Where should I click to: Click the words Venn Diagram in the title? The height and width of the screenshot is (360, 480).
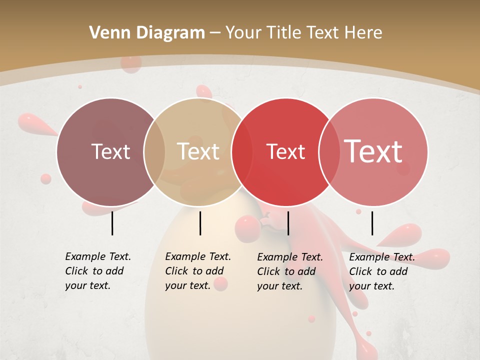[x=147, y=33]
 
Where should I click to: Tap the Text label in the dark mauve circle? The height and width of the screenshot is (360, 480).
[x=110, y=151]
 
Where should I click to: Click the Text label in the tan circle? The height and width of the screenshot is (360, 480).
[x=198, y=151]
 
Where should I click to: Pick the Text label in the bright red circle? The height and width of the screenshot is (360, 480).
[x=285, y=151]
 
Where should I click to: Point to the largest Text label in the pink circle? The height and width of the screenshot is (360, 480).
[x=373, y=151]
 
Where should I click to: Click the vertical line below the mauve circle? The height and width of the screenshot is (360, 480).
[x=112, y=223]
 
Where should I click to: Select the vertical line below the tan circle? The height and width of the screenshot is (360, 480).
[x=200, y=223]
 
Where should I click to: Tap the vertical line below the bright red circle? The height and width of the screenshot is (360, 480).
[x=288, y=223]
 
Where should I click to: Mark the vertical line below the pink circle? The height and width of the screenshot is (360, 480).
[x=372, y=223]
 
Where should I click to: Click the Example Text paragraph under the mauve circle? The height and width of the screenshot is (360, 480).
[x=97, y=271]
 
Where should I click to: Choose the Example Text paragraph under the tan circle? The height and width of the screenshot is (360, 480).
[x=197, y=271]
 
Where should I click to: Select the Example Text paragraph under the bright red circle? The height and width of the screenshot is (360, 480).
[x=289, y=271]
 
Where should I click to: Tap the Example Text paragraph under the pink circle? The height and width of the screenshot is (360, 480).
[x=381, y=271]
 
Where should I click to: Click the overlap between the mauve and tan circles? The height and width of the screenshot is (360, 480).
[x=154, y=151]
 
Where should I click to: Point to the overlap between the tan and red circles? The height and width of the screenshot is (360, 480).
[x=241, y=151]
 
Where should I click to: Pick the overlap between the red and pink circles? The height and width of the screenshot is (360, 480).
[x=329, y=151]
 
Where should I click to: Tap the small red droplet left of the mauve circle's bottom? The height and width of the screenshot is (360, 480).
[x=46, y=178]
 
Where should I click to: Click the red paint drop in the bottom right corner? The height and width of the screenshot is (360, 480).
[x=368, y=333]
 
